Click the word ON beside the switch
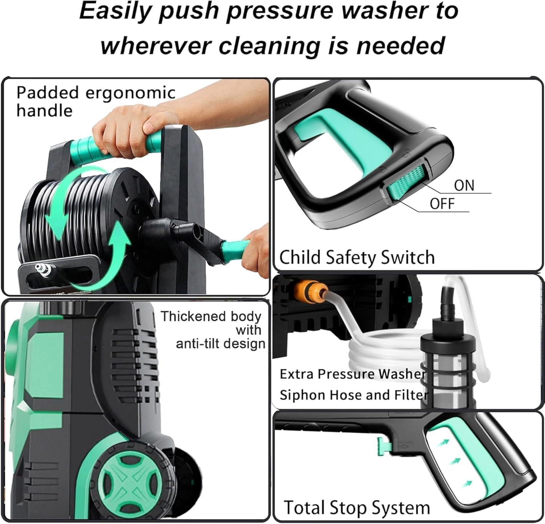[x=464, y=185]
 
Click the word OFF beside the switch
[x=442, y=204]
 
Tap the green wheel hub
[x=119, y=480]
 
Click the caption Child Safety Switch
[x=357, y=257]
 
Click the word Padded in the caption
[x=47, y=93]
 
